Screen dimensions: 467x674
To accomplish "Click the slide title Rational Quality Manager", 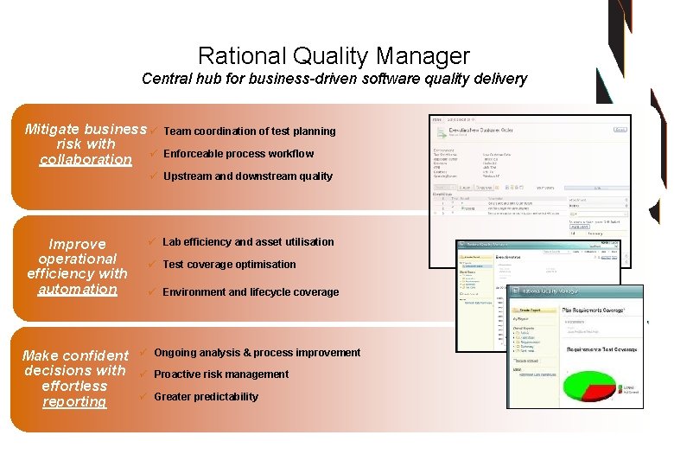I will (x=334, y=56).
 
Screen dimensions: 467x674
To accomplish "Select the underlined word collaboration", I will (x=86, y=160).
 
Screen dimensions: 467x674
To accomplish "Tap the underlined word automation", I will (x=77, y=290).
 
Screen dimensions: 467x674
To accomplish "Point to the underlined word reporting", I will (x=74, y=402).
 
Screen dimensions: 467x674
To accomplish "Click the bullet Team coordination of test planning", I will (x=249, y=131).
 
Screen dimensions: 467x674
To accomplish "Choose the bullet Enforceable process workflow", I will (x=238, y=154).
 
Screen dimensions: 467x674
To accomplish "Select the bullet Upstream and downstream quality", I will (x=247, y=176).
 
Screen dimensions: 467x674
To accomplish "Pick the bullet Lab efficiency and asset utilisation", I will (x=248, y=242).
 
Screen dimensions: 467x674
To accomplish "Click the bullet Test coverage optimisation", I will (x=229, y=265).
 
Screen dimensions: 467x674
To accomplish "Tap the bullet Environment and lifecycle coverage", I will (x=251, y=292).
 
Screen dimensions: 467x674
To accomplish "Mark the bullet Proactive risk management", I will (x=221, y=374).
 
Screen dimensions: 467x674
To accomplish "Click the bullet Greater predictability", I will (x=206, y=397).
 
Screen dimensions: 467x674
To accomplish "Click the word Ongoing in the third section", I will (x=175, y=353).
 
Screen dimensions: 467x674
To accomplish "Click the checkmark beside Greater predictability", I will (x=143, y=396).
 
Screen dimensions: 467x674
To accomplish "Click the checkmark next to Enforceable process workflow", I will (x=152, y=153).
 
